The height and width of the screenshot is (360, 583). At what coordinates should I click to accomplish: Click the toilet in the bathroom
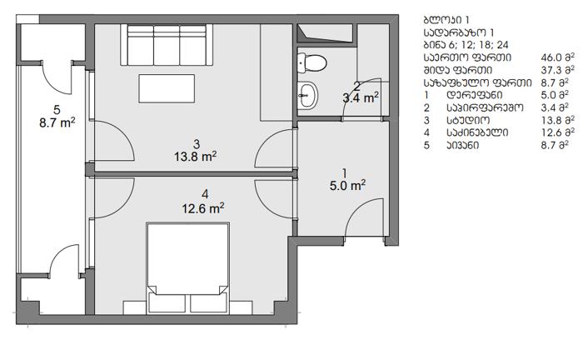coord(311,62)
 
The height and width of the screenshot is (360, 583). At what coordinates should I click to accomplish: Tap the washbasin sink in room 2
coord(308,95)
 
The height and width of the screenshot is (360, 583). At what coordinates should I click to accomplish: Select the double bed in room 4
coord(187,268)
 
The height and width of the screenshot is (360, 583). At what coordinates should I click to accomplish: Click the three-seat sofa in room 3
coord(167,45)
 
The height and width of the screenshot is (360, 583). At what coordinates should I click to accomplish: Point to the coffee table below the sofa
coord(167,88)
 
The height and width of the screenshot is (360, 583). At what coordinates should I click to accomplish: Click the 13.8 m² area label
coord(196,157)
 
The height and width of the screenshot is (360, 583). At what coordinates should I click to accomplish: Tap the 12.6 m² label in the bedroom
coord(203,208)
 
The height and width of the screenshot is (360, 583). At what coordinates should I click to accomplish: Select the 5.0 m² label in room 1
coord(347,185)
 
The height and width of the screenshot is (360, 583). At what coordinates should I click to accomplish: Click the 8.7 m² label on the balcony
coord(57,122)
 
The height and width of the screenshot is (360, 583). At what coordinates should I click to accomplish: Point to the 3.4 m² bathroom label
coord(361,98)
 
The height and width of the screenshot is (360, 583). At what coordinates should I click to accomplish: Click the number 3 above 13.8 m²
coord(197,143)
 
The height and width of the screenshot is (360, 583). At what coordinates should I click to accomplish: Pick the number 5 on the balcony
coord(57,110)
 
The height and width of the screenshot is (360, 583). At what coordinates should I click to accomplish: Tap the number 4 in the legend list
coord(426,132)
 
